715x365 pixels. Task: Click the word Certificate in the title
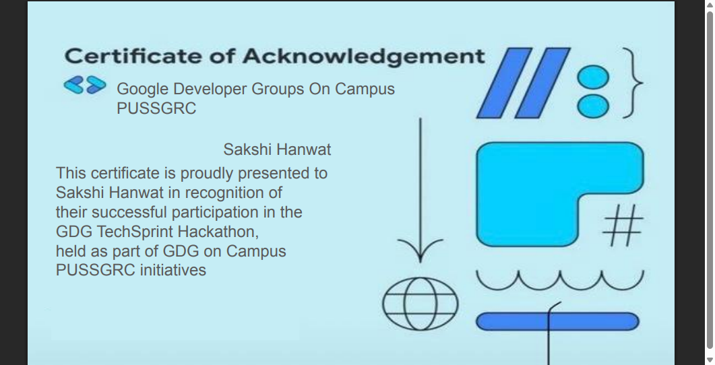point(133,56)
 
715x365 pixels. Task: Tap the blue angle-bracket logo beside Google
point(85,85)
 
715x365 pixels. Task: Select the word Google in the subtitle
point(142,90)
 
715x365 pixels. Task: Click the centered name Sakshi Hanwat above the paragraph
point(277,150)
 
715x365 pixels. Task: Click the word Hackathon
point(218,232)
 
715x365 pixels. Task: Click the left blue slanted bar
point(504,83)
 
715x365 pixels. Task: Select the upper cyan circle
point(593,77)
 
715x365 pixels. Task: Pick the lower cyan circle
point(593,106)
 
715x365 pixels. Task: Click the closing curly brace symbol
point(633,83)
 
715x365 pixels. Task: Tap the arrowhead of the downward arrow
point(420,251)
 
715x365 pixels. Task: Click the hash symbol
point(623,225)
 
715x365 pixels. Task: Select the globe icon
point(420,304)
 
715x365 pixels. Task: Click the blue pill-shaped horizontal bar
point(557,321)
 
